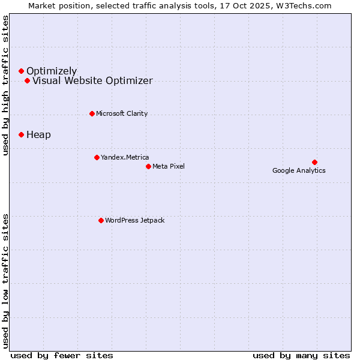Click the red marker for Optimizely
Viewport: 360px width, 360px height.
(x=21, y=71)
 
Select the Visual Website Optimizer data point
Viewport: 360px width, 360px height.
(x=27, y=80)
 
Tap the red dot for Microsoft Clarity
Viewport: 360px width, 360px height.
(x=92, y=113)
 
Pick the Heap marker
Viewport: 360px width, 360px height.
(x=21, y=134)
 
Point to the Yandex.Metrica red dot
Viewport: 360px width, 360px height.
(x=97, y=157)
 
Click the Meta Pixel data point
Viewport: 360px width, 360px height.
(x=148, y=166)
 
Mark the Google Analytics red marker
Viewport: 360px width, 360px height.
(x=314, y=162)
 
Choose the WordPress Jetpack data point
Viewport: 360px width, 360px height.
(x=101, y=220)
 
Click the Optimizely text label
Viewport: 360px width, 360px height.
(x=52, y=71)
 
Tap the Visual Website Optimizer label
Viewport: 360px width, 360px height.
(x=92, y=80)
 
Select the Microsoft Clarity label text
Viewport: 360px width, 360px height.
(x=122, y=113)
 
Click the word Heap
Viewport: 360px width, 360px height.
(x=38, y=134)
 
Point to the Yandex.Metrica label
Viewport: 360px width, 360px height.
(x=125, y=157)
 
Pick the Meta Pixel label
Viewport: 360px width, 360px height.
(x=169, y=166)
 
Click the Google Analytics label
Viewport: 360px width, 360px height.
(x=299, y=170)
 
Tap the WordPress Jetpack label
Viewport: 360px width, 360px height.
(x=134, y=220)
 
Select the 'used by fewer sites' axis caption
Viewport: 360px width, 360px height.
(x=62, y=355)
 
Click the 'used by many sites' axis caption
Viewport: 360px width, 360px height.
(x=301, y=355)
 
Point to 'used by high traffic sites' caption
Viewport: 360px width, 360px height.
(x=6, y=85)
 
